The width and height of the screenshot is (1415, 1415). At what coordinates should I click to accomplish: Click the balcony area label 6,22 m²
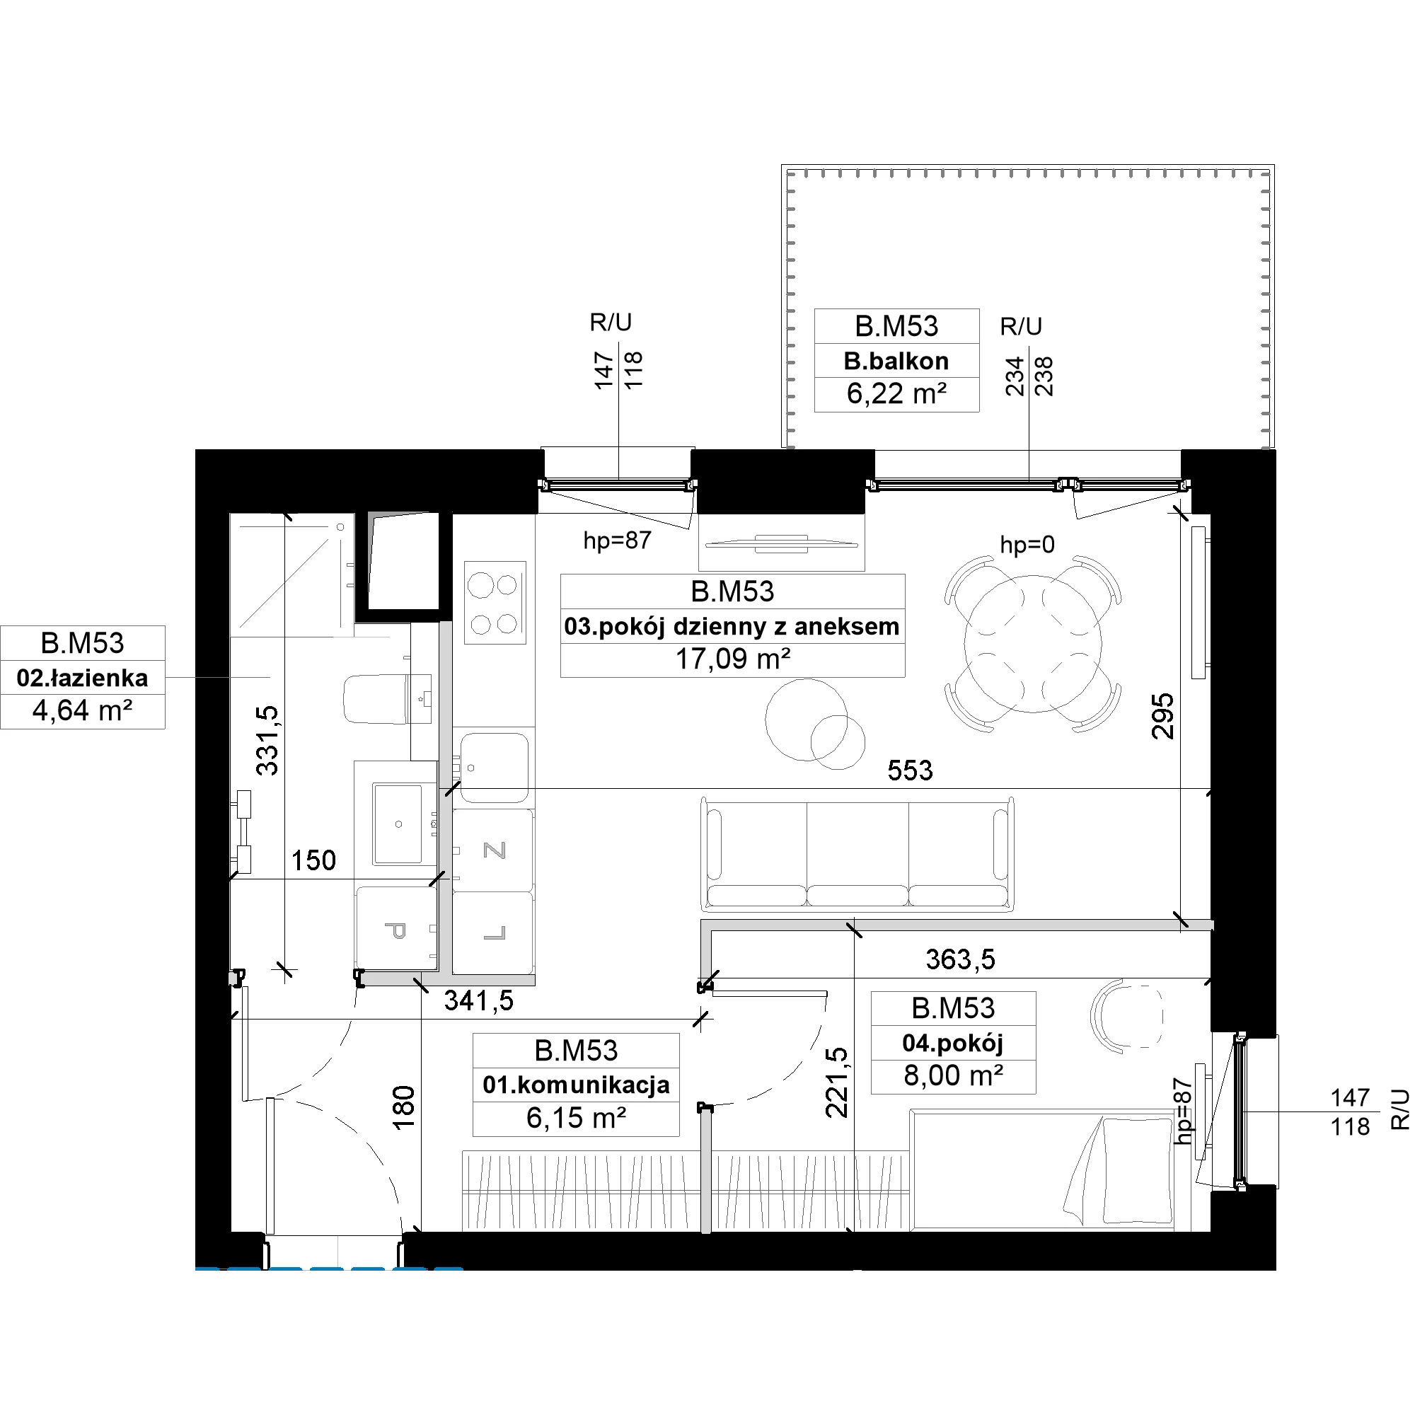pyautogui.click(x=896, y=394)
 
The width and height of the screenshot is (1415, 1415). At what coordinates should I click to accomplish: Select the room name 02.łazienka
pyautogui.click(x=82, y=678)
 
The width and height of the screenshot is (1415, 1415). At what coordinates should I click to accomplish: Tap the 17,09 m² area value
pyautogui.click(x=732, y=659)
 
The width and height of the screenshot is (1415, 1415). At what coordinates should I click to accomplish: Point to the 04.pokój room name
pyautogui.click(x=953, y=1042)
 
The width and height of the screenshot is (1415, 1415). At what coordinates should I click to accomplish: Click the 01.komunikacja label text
pyautogui.click(x=576, y=1084)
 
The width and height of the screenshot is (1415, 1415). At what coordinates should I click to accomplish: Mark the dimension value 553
pyautogui.click(x=910, y=770)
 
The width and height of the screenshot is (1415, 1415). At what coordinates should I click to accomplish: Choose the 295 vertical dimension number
pyautogui.click(x=1163, y=716)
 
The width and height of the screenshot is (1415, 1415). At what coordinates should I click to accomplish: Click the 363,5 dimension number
pyautogui.click(x=960, y=959)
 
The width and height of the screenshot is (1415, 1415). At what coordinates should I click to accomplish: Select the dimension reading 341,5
pyautogui.click(x=479, y=1000)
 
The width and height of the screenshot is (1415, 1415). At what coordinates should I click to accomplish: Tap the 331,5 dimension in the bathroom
pyautogui.click(x=267, y=740)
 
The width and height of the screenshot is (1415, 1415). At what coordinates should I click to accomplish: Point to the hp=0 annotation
pyautogui.click(x=1027, y=544)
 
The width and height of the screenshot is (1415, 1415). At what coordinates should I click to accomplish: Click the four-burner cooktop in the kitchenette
pyautogui.click(x=495, y=603)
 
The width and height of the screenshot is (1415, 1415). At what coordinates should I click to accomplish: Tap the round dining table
pyautogui.click(x=1033, y=644)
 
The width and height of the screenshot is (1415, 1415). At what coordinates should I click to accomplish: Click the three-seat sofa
pyautogui.click(x=857, y=854)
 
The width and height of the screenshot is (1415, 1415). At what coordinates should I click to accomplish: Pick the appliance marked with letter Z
pyautogui.click(x=494, y=850)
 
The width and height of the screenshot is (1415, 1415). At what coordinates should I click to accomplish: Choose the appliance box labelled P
pyautogui.click(x=396, y=931)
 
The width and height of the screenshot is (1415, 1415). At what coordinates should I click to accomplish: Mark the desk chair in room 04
pyautogui.click(x=1126, y=1017)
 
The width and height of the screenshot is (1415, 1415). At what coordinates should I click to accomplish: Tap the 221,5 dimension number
pyautogui.click(x=836, y=1082)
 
